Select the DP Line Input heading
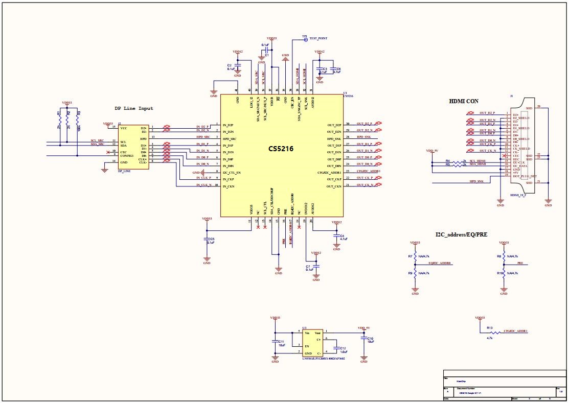pyautogui.click(x=133, y=108)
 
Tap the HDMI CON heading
pyautogui.click(x=464, y=101)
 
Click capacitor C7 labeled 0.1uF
pyautogui.click(x=316, y=267)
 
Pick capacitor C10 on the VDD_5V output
pyautogui.click(x=363, y=339)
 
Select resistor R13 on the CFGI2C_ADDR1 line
pyautogui.click(x=490, y=333)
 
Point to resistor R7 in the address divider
pyautogui.click(x=415, y=256)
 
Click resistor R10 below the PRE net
pyautogui.click(x=504, y=273)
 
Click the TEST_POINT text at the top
pyautogui.click(x=318, y=38)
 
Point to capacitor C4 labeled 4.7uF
pyautogui.click(x=336, y=236)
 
